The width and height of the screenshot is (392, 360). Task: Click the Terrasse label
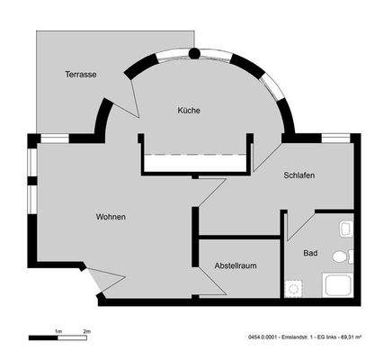coord(81,74)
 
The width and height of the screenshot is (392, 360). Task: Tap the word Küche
coord(188,111)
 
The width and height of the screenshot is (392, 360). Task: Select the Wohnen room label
coord(111,217)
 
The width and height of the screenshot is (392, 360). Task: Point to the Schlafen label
coord(298,176)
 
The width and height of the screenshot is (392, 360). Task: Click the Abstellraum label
coord(236,265)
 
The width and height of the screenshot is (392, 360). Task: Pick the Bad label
coord(311,254)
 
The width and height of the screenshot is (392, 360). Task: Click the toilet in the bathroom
coord(340,256)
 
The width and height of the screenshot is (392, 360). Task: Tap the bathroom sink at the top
coord(346,229)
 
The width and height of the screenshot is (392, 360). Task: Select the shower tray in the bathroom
coord(338,287)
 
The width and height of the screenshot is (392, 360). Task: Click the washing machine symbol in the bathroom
coord(292,288)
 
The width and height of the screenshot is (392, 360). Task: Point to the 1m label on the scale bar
coord(58,331)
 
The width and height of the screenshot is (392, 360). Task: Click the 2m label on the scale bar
coord(86,331)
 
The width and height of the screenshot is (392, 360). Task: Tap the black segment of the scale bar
coord(43,338)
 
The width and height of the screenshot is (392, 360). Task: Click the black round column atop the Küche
coord(194,54)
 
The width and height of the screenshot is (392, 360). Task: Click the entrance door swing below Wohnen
coord(101,281)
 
